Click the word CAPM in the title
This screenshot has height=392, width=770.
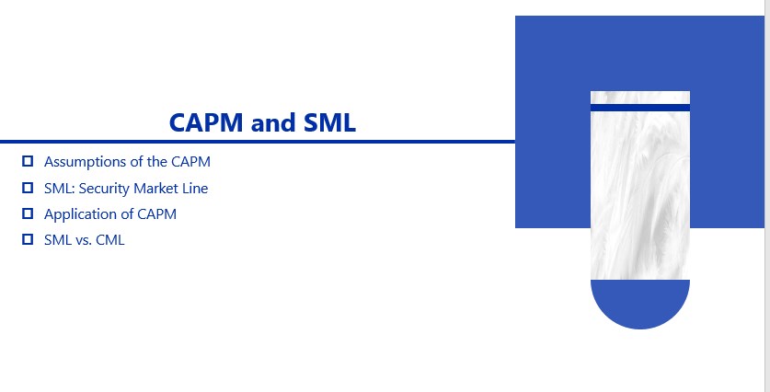pyautogui.click(x=206, y=122)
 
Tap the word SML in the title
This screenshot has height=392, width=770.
pyautogui.click(x=329, y=122)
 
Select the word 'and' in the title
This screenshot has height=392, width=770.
pyautogui.click(x=273, y=122)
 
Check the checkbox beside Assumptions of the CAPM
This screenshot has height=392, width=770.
pyautogui.click(x=28, y=161)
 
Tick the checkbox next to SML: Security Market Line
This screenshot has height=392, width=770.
pyautogui.click(x=28, y=188)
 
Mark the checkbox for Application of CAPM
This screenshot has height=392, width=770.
pyautogui.click(x=28, y=213)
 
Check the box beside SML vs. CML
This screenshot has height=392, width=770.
pyautogui.click(x=28, y=240)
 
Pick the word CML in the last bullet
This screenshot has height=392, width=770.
pyautogui.click(x=110, y=240)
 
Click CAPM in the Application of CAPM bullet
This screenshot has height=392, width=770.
pyautogui.click(x=156, y=214)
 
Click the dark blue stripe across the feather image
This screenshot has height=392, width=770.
pyautogui.click(x=640, y=108)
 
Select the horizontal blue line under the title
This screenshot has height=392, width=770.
pyautogui.click(x=258, y=142)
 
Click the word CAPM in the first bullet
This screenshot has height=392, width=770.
pyautogui.click(x=190, y=162)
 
